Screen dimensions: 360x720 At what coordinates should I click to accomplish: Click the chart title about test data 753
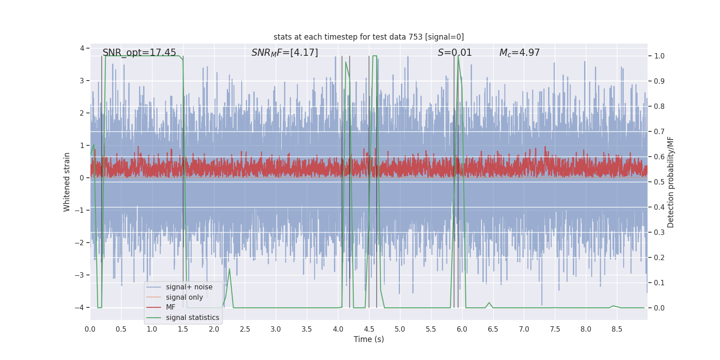[x=369, y=37]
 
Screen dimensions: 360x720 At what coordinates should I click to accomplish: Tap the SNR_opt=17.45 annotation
[x=139, y=53]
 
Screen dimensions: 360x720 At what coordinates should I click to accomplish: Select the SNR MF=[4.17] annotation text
[x=284, y=53]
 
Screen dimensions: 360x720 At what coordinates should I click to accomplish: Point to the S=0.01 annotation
[x=454, y=53]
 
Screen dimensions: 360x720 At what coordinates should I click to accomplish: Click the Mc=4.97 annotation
[x=519, y=53]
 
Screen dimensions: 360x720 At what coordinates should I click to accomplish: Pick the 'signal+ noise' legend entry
[x=189, y=287]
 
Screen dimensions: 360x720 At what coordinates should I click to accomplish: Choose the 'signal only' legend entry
[x=184, y=297]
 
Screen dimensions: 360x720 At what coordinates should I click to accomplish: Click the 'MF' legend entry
[x=171, y=307]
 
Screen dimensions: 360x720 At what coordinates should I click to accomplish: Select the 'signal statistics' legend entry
[x=193, y=318]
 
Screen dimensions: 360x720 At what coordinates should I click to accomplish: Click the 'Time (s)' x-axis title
[x=369, y=339]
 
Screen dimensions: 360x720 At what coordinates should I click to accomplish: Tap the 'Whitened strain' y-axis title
[x=67, y=182]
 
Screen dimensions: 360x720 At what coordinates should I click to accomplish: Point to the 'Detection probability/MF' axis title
[x=671, y=182]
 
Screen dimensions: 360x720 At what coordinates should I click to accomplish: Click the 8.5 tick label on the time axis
[x=616, y=329]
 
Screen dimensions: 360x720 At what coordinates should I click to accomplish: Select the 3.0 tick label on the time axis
[x=276, y=329]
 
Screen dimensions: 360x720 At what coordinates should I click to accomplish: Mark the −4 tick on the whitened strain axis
[x=79, y=308]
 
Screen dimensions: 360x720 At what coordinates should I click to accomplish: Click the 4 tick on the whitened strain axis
[x=82, y=48]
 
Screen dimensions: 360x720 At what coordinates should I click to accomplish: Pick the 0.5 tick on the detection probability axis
[x=659, y=182]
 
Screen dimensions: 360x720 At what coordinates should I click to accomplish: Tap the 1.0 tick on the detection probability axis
[x=659, y=56]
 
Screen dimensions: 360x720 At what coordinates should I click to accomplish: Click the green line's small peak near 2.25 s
[x=229, y=269]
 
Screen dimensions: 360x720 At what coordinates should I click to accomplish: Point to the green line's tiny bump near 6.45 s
[x=489, y=303]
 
